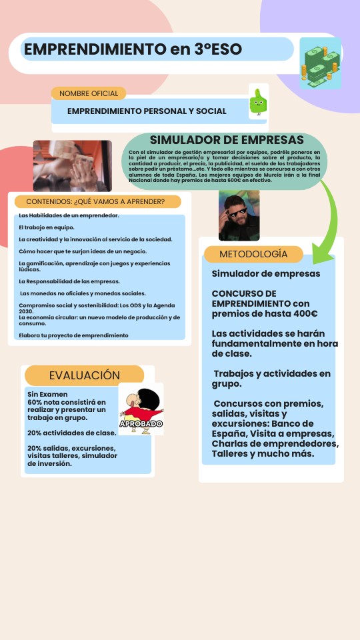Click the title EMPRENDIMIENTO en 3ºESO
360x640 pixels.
pyautogui.click(x=133, y=49)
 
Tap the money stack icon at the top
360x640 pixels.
pyautogui.click(x=320, y=63)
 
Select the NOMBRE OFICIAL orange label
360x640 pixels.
pyautogui.click(x=89, y=93)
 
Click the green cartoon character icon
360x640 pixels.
pyautogui.click(x=258, y=103)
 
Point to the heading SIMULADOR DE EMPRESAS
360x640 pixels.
pyautogui.click(x=227, y=140)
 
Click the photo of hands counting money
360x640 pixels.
pyautogui.click(x=63, y=165)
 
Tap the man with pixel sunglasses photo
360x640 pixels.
pyautogui.click(x=239, y=215)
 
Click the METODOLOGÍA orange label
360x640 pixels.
pyautogui.click(x=253, y=254)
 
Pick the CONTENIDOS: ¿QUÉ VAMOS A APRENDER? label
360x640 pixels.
pyautogui.click(x=95, y=201)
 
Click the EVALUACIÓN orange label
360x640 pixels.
pyautogui.click(x=84, y=375)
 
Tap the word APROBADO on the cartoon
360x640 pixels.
pyautogui.click(x=141, y=423)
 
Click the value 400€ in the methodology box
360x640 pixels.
pyautogui.click(x=305, y=313)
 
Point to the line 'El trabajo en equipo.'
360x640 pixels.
pyautogui.click(x=47, y=227)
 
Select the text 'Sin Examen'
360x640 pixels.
pyautogui.click(x=48, y=395)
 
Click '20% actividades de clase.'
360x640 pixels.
pyautogui.click(x=72, y=433)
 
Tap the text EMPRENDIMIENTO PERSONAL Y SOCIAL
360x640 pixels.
pyautogui.click(x=147, y=111)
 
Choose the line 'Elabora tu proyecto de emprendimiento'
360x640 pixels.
pyautogui.click(x=73, y=335)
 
